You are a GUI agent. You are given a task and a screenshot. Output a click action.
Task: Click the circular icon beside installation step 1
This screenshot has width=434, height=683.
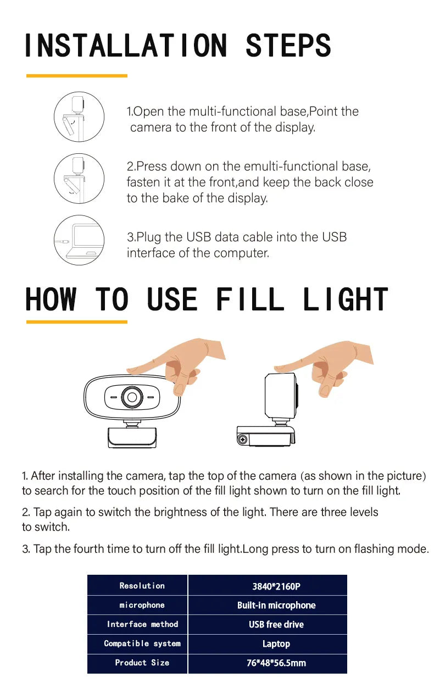(x=79, y=116)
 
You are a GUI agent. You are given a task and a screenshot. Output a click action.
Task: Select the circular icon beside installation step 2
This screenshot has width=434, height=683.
(x=79, y=178)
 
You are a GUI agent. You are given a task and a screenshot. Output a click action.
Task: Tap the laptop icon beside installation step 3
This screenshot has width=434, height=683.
(x=79, y=240)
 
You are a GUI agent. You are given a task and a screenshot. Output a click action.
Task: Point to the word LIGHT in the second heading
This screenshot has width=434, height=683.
(x=345, y=300)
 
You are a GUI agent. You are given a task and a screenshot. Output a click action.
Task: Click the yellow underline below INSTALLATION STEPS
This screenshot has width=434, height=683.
(x=77, y=75)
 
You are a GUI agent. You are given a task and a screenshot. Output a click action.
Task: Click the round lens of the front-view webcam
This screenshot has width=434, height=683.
(x=132, y=396)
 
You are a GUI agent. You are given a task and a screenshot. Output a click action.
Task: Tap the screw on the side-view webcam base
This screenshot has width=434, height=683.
(x=242, y=438)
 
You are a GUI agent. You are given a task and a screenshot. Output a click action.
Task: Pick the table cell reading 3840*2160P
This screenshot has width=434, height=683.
(x=276, y=586)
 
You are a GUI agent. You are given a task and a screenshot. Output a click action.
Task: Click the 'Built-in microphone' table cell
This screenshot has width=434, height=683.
(x=276, y=606)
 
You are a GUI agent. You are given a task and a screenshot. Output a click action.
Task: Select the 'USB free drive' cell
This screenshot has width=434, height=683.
(x=276, y=625)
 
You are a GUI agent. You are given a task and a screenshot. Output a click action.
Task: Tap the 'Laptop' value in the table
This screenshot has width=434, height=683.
(x=276, y=644)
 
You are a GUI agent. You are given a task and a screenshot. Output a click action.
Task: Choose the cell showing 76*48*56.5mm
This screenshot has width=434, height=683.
(x=276, y=663)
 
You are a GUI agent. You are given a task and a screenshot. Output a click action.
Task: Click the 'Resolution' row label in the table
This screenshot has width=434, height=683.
(x=142, y=586)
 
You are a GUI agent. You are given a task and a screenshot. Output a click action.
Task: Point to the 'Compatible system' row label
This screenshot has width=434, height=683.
(x=142, y=643)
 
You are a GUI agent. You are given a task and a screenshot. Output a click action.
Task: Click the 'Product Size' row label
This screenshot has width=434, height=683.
(x=142, y=663)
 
